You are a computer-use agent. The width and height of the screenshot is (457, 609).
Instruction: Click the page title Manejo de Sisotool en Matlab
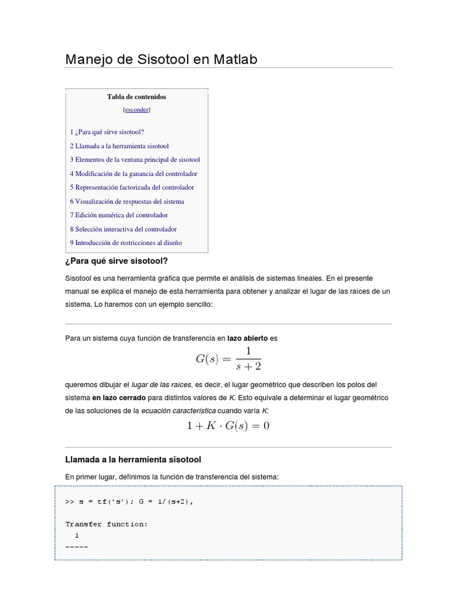pyautogui.click(x=161, y=59)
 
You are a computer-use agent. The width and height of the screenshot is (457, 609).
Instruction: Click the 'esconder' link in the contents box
pyautogui.click(x=137, y=110)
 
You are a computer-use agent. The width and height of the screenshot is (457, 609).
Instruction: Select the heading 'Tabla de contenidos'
pyautogui.click(x=137, y=97)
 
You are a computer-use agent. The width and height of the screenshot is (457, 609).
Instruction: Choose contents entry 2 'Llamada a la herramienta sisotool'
pyautogui.click(x=119, y=146)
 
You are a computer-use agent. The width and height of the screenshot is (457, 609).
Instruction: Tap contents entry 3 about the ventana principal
pyautogui.click(x=134, y=159)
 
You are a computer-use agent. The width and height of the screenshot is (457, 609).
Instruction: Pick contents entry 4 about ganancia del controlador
pyautogui.click(x=133, y=174)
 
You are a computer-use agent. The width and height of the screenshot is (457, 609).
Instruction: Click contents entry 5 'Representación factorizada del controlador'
pyautogui.click(x=132, y=187)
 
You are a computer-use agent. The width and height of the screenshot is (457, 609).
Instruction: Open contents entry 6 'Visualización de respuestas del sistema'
pyautogui.click(x=127, y=202)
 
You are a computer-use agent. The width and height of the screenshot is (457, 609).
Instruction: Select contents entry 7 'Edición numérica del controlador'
pyautogui.click(x=118, y=215)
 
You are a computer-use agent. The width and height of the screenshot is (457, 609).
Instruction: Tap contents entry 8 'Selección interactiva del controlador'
pyautogui.click(x=123, y=229)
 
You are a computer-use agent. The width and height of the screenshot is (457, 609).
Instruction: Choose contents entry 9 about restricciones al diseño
pyautogui.click(x=126, y=243)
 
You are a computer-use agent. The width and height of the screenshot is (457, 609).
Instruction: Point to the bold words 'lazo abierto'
pyautogui.click(x=248, y=338)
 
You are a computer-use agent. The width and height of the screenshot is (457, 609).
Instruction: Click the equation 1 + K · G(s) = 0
pyautogui.click(x=228, y=426)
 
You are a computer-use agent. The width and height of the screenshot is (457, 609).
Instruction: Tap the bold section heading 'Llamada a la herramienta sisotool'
pyautogui.click(x=133, y=460)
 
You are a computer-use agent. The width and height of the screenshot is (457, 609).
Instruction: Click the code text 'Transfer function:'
pyautogui.click(x=107, y=524)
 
